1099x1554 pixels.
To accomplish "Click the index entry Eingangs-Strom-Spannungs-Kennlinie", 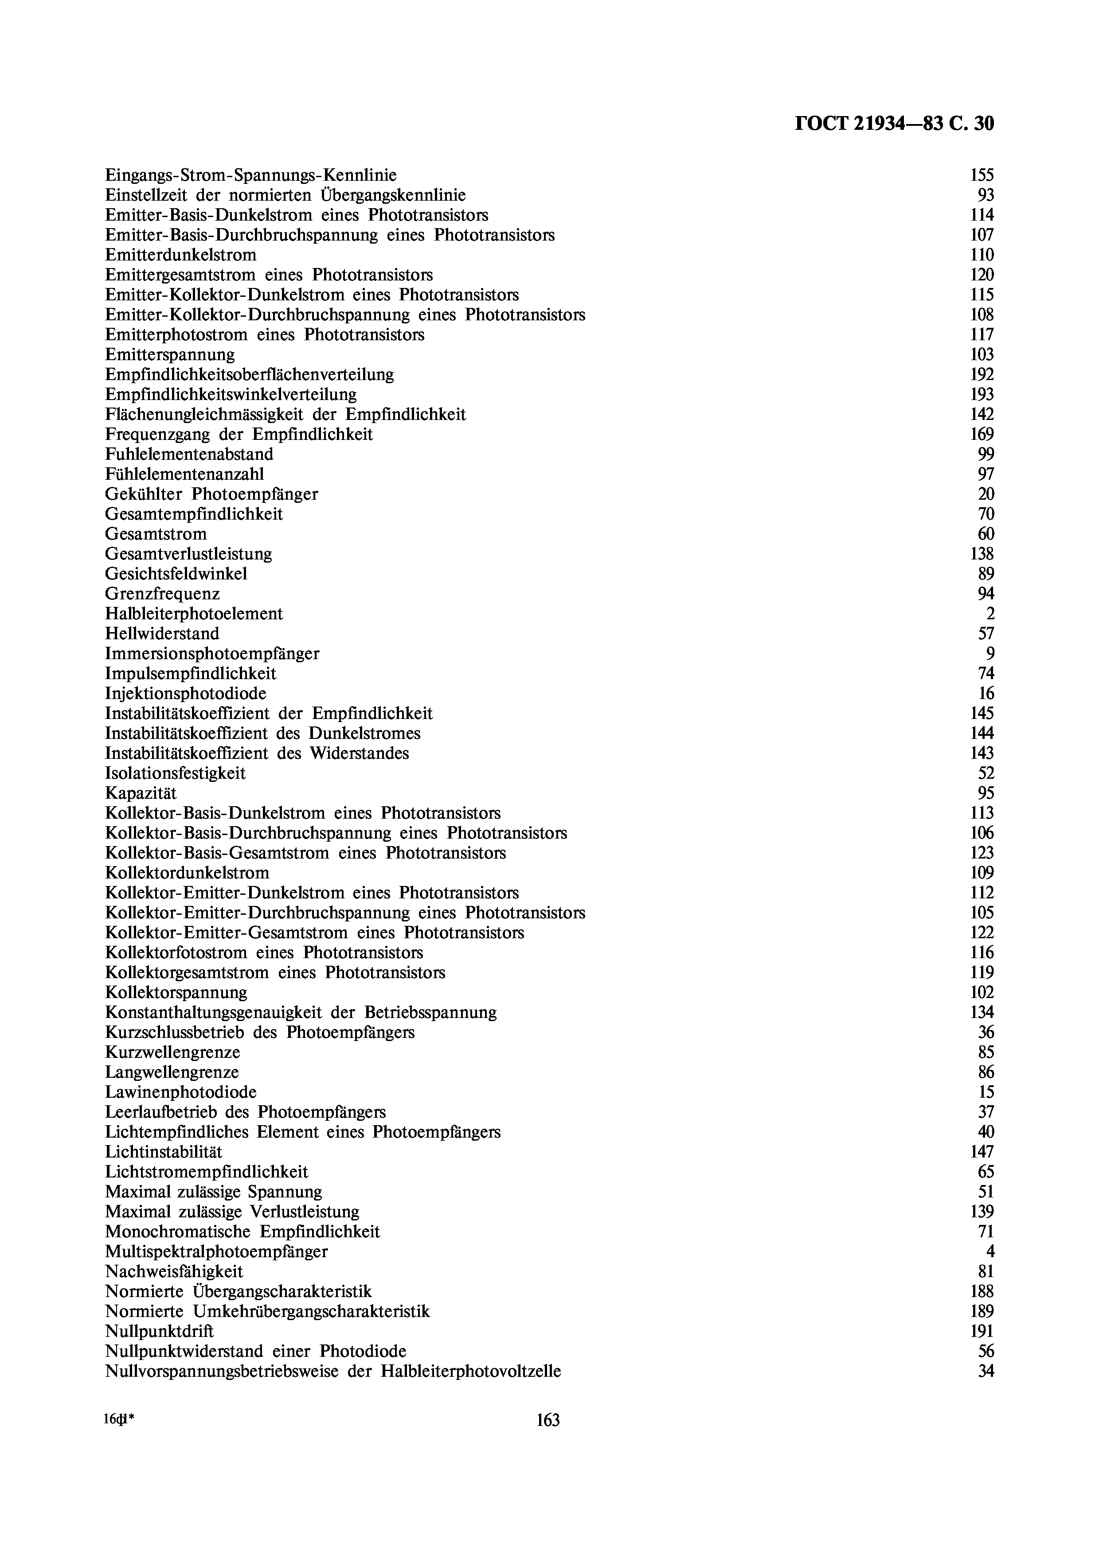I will coord(250,175).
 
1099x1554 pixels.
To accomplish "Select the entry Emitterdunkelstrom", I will coord(181,255).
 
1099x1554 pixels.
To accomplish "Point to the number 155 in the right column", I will coord(982,175).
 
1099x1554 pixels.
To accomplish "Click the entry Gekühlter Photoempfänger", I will coord(211,494).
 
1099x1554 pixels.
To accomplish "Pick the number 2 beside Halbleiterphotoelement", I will coord(990,614).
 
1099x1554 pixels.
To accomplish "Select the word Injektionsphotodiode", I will coord(186,694).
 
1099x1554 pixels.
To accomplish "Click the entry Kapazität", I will coord(141,793).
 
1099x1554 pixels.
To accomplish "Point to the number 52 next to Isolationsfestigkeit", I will coord(986,773).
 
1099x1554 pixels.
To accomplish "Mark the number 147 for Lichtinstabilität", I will coord(982,1151).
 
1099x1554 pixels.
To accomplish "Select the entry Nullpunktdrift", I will coord(159,1331).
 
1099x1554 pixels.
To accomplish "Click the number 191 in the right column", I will coord(982,1331).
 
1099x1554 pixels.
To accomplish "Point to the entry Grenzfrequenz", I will coord(163,594).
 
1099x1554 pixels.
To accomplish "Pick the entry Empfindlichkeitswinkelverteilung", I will coord(231,395).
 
